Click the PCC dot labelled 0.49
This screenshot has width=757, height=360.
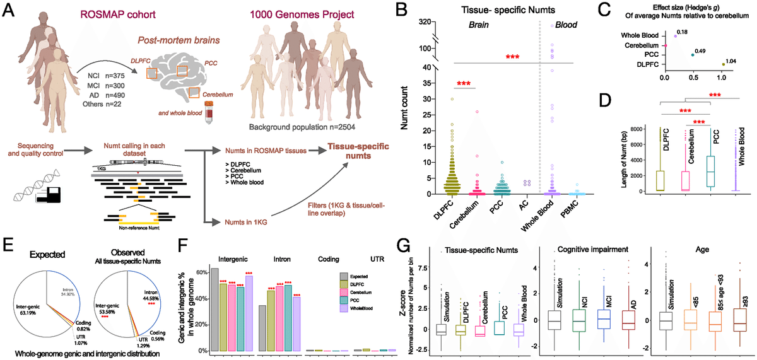click(x=692, y=55)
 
